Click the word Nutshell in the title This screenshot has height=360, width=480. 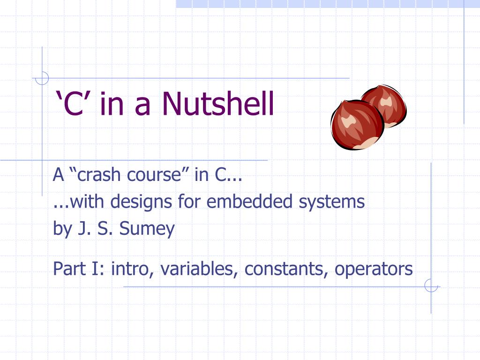point(218,104)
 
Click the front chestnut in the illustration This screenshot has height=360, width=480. point(357,125)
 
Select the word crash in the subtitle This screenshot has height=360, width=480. point(97,175)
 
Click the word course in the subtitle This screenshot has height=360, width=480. point(158,175)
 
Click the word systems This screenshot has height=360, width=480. point(331,202)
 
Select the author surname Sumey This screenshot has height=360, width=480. point(147,229)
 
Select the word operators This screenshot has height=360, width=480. point(374,269)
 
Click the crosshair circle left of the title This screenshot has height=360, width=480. point(42,78)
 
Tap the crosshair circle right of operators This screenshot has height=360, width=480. point(431,285)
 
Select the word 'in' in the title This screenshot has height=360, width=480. point(112,104)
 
